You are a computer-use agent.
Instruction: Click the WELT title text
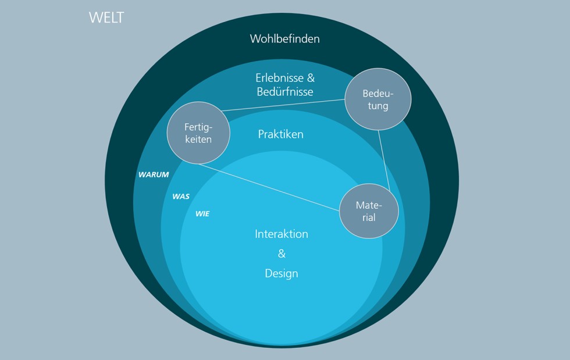106,17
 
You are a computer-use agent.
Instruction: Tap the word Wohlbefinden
284,39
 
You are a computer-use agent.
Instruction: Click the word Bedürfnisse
285,92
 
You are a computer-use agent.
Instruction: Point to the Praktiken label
280,134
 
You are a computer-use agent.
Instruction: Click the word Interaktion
282,234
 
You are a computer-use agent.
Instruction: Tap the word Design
282,273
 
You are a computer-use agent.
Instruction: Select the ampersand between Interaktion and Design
282,254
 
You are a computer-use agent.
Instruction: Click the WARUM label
154,174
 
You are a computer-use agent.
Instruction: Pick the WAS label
181,197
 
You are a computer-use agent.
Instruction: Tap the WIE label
202,214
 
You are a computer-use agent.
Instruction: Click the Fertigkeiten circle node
198,133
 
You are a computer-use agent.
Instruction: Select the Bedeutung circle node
377,99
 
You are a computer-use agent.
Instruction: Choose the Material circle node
369,212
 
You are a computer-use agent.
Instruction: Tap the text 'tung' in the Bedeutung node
377,106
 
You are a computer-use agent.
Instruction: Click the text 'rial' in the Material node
368,219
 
